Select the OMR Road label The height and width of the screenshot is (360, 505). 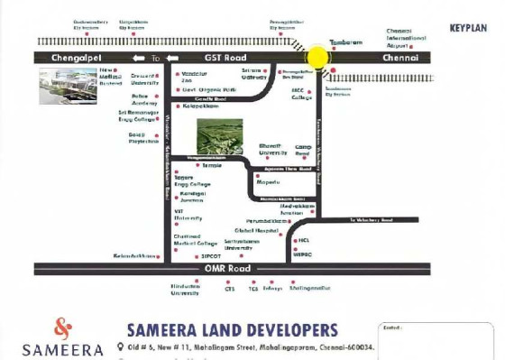coord(225,269)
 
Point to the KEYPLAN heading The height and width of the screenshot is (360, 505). coord(468,28)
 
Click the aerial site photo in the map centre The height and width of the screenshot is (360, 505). coord(219,136)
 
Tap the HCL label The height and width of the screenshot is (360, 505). coord(304,240)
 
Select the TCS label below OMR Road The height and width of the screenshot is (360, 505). coord(253,290)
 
